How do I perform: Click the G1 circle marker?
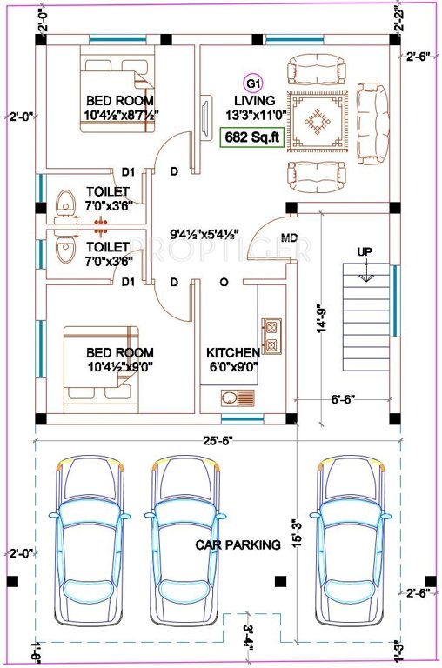(253, 83)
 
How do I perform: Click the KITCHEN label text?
(232, 353)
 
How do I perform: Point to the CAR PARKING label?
(238, 545)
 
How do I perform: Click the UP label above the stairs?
(365, 251)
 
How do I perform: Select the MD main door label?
(288, 238)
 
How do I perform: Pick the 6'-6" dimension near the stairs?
(343, 401)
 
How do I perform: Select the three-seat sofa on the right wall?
(373, 124)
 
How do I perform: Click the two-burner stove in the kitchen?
(271, 337)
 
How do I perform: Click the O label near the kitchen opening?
(224, 283)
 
